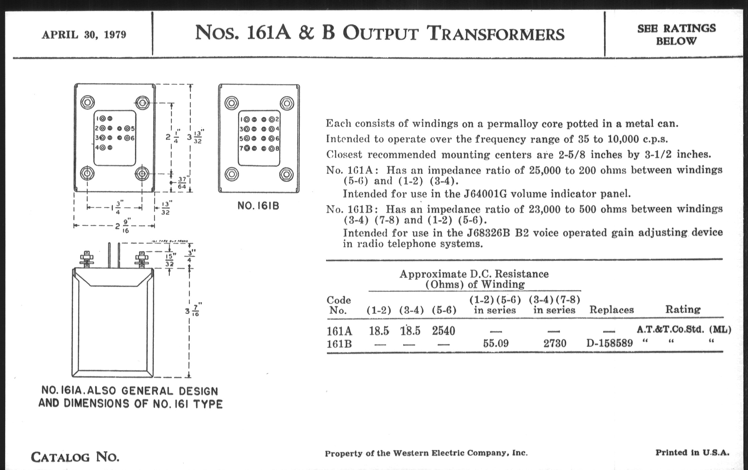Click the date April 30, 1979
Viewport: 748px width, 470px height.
(x=84, y=34)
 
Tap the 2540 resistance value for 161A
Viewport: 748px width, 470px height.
(x=443, y=331)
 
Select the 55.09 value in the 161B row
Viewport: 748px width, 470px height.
(x=496, y=343)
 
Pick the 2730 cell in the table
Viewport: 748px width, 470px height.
(x=555, y=343)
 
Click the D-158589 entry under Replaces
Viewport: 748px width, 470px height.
(x=610, y=343)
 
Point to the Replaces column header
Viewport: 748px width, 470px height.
(x=611, y=310)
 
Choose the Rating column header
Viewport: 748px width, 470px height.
(x=683, y=309)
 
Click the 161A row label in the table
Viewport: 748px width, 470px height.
(x=339, y=331)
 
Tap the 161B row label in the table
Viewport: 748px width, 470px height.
(x=339, y=344)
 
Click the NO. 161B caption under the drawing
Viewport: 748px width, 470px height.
(x=258, y=206)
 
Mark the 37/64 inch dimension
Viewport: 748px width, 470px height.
(x=182, y=183)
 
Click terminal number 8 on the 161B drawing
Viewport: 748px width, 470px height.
(x=277, y=149)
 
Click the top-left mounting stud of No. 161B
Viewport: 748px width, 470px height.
(x=231, y=103)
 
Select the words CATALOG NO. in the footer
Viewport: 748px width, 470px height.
(x=75, y=457)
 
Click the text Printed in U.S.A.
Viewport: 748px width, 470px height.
(x=692, y=452)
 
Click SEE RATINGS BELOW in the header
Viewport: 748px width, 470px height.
(x=676, y=34)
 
